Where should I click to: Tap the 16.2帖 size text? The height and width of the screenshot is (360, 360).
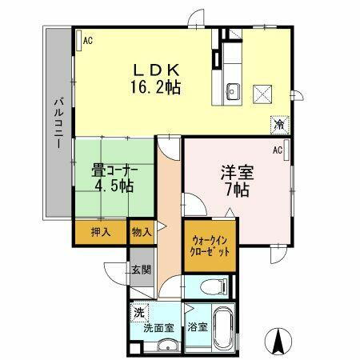click(155, 86)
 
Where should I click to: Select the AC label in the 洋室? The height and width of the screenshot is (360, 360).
click(278, 150)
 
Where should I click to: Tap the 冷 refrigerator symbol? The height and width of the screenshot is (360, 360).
click(279, 125)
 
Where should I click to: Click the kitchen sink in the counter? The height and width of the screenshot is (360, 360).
click(234, 89)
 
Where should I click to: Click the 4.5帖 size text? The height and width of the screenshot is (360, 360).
click(112, 186)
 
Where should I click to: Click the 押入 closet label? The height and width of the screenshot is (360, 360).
click(100, 232)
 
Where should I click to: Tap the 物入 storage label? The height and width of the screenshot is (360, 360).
click(140, 232)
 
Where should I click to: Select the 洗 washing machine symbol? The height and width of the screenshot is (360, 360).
click(141, 313)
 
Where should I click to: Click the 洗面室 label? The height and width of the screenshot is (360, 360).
click(158, 327)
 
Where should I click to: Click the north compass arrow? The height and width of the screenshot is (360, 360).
click(280, 342)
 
